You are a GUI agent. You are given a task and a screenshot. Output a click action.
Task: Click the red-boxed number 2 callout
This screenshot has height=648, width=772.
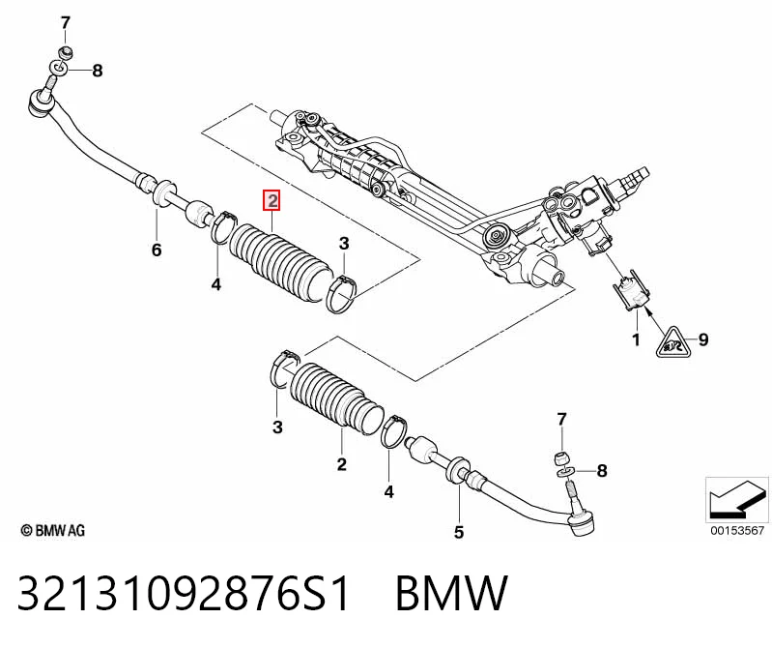[x=272, y=200]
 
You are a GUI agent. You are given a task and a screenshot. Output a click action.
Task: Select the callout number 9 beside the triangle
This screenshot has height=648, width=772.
[x=703, y=339]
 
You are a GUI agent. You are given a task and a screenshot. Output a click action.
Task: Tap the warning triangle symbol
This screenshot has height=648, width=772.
[x=673, y=343]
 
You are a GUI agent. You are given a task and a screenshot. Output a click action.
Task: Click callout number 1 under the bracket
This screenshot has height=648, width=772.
[x=636, y=339]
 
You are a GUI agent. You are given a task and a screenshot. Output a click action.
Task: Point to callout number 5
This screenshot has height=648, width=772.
[x=458, y=532]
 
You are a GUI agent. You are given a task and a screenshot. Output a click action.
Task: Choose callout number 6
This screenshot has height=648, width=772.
[x=157, y=250]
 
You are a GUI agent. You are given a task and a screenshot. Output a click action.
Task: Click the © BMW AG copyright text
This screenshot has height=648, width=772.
[x=53, y=531]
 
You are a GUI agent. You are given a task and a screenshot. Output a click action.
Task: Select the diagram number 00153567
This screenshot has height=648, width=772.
[x=737, y=530]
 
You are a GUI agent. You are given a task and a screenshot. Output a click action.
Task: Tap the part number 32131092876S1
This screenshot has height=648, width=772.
[x=184, y=593]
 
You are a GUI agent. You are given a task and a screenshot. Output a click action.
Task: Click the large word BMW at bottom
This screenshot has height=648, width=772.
[x=451, y=593]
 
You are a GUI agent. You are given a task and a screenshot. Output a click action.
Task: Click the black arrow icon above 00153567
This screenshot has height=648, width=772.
[x=737, y=499]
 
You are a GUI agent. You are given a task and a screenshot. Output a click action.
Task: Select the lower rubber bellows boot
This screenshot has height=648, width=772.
[x=336, y=398]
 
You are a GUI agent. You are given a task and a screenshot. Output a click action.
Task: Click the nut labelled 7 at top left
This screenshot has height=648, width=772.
[x=65, y=51]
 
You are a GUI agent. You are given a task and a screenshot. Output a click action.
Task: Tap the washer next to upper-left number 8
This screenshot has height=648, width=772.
[x=59, y=67]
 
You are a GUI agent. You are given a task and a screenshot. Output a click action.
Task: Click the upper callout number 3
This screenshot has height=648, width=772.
[x=344, y=244]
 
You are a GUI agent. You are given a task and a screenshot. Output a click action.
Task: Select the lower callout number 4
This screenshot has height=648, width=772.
[x=389, y=491]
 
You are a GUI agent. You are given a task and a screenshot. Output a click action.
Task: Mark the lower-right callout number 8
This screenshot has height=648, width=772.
[x=602, y=471]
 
